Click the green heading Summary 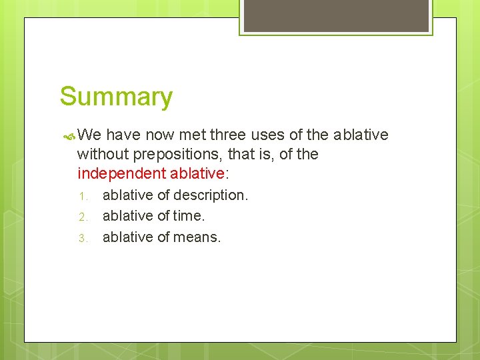pyautogui.click(x=116, y=97)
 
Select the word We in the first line pyautogui.click(x=89, y=135)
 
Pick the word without pyautogui.click(x=103, y=155)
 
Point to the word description pyautogui.click(x=211, y=195)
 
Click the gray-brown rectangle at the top pyautogui.click(x=336, y=15)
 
